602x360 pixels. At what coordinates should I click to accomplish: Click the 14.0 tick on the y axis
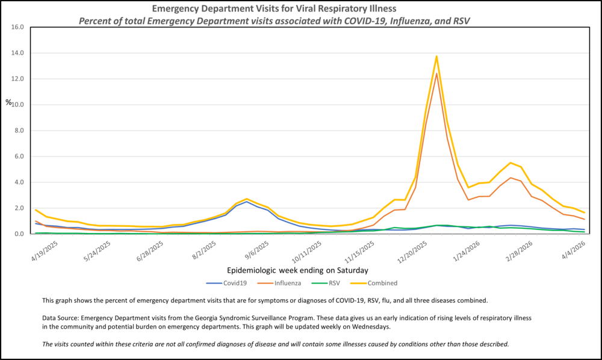[16, 53]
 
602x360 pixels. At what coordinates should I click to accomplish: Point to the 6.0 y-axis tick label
[18, 157]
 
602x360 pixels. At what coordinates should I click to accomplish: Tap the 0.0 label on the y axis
[18, 234]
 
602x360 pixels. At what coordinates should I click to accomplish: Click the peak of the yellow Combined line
[436, 56]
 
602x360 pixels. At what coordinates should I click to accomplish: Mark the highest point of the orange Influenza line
[436, 73]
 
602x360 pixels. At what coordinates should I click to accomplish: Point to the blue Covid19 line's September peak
[247, 201]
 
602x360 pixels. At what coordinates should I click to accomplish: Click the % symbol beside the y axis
[8, 102]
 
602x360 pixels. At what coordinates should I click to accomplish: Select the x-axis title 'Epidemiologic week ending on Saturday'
[298, 270]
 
